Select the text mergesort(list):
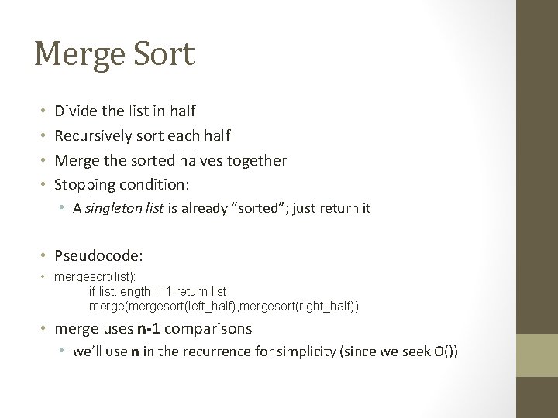(88, 277)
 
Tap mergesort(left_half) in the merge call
(181, 307)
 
